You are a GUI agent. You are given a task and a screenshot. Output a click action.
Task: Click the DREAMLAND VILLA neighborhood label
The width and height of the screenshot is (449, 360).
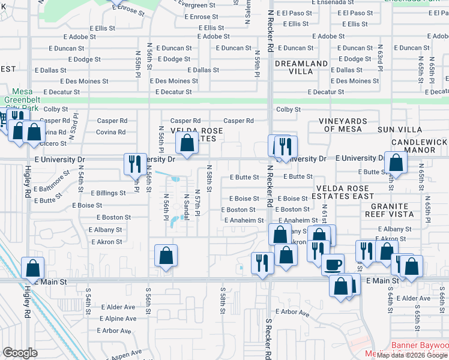[301, 67]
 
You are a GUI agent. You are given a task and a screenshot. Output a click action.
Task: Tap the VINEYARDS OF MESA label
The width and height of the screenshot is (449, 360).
[340, 125]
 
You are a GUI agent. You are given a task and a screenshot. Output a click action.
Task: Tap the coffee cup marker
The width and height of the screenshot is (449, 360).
[333, 264]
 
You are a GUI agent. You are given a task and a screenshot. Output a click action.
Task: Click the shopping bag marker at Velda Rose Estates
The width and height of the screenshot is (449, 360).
[187, 143]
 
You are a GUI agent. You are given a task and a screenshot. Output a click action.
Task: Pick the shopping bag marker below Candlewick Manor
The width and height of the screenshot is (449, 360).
[396, 162]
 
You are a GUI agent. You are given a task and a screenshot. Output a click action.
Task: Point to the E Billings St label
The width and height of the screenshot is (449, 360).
[108, 193]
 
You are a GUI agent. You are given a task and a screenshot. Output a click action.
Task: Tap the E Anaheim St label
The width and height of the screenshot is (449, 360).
[244, 220]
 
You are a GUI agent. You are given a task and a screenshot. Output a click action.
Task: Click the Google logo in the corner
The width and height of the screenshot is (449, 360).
[20, 353]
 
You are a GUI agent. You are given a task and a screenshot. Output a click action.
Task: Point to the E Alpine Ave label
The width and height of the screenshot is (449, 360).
[118, 319]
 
